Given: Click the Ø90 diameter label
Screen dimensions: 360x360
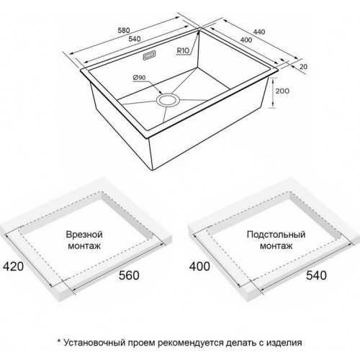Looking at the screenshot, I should click(x=140, y=78).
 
